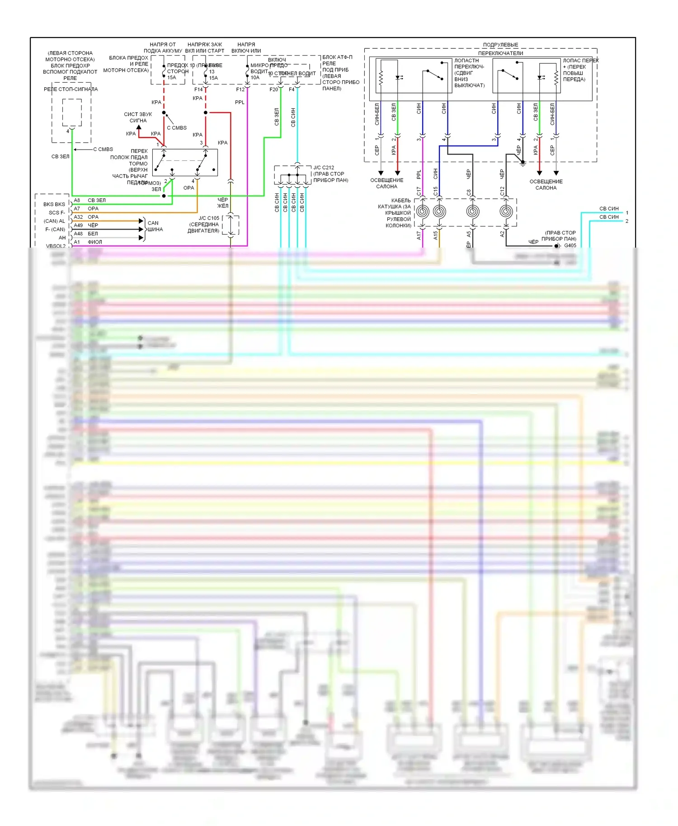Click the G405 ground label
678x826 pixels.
click(x=570, y=246)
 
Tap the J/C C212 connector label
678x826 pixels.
click(x=324, y=168)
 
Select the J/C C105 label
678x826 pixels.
click(x=209, y=218)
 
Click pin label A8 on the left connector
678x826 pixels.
click(x=77, y=200)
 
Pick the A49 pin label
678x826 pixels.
click(x=78, y=225)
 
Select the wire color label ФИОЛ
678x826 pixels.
click(x=95, y=242)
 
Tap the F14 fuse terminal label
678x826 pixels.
click(x=198, y=89)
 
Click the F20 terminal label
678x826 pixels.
click(x=273, y=89)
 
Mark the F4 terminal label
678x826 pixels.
click(x=292, y=89)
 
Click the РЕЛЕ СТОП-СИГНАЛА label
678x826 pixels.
click(x=71, y=89)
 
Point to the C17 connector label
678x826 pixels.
click(x=419, y=191)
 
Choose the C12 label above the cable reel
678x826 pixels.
click(x=502, y=191)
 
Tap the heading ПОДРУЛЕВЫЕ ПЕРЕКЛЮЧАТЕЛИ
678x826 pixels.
click(x=500, y=49)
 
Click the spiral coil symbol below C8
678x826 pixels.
click(x=473, y=211)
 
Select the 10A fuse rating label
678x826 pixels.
click(x=255, y=78)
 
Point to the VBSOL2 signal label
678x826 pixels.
click(x=56, y=246)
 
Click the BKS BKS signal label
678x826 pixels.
click(x=54, y=204)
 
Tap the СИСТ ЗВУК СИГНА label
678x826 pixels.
click(x=138, y=117)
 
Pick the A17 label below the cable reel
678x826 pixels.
click(x=419, y=235)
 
